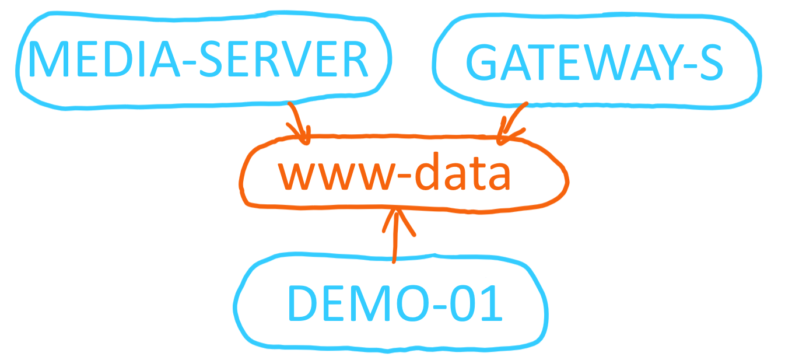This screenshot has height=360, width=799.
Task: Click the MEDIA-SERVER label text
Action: [x=198, y=60]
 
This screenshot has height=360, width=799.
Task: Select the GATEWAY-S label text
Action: [x=595, y=63]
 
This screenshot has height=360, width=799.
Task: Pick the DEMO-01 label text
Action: [x=395, y=303]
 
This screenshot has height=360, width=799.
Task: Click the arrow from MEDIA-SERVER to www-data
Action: [x=299, y=123]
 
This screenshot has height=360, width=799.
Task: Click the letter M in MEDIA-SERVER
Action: [x=51, y=60]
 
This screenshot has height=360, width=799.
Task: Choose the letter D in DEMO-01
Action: [x=304, y=303]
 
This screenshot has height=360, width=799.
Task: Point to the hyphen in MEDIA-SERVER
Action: [x=191, y=64]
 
